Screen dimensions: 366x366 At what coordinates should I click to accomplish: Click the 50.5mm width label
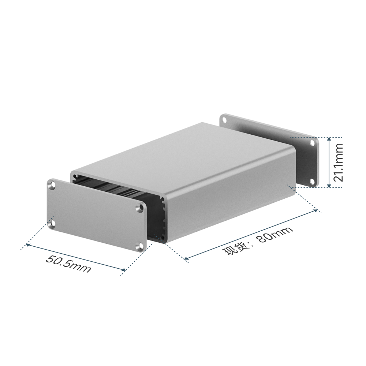68,264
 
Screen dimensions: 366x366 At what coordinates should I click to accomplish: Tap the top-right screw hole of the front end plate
141,208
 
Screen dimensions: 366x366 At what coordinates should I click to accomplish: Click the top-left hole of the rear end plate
225,120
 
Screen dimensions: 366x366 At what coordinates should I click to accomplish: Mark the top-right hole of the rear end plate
312,143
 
